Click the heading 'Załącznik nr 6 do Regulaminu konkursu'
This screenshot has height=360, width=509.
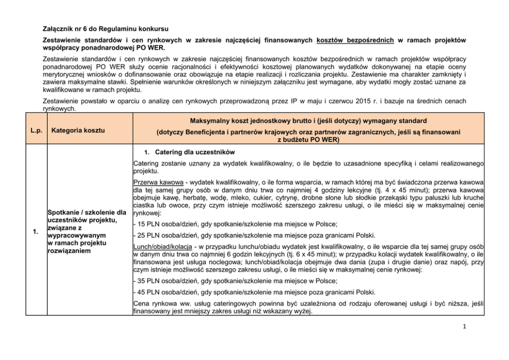point(105,28)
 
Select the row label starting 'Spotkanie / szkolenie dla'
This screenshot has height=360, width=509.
point(86,212)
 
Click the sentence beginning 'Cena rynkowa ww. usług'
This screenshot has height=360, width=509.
point(308,307)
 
